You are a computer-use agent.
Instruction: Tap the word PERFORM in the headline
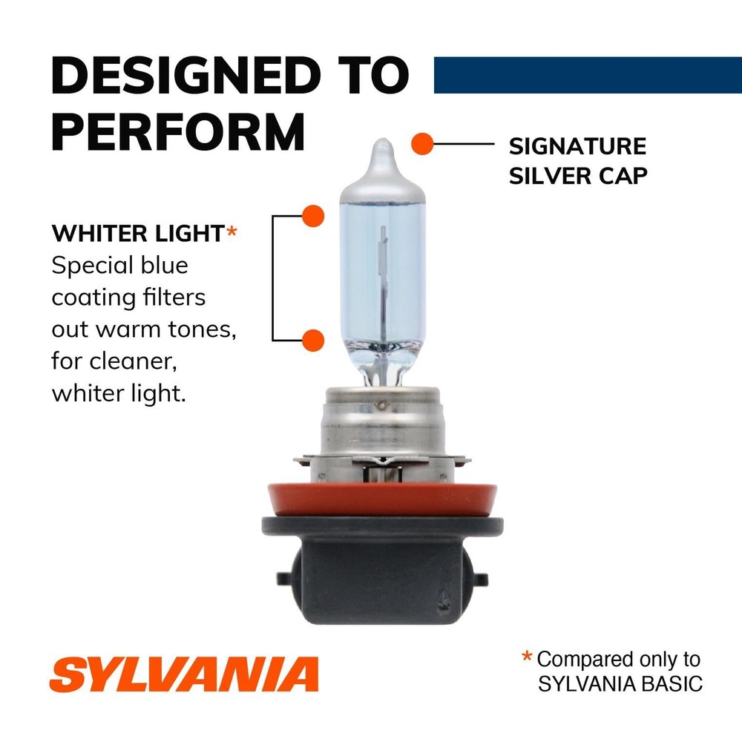pyautogui.click(x=178, y=131)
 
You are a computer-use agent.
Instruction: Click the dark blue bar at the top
pyautogui.click(x=587, y=75)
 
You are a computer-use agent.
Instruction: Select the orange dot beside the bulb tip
pyautogui.click(x=422, y=143)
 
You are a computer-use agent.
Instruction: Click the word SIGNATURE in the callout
pyautogui.click(x=577, y=146)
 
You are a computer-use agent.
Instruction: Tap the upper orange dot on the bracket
pyautogui.click(x=314, y=216)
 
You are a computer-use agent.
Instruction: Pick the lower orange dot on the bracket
pyautogui.click(x=314, y=341)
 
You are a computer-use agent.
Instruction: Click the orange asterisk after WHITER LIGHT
pyautogui.click(x=232, y=233)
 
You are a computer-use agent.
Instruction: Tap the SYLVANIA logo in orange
pyautogui.click(x=184, y=674)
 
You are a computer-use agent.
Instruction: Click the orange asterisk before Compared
pyautogui.click(x=527, y=657)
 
